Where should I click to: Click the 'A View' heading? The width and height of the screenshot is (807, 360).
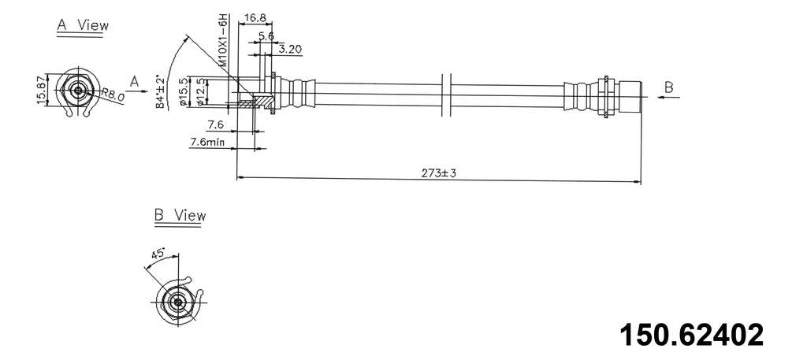(82, 25)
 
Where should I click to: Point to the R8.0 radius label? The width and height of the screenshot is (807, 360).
(113, 95)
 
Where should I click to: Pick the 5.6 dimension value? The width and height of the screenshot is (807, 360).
(266, 35)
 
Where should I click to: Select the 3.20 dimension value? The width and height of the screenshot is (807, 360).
(291, 49)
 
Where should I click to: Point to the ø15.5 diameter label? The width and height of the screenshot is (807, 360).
(183, 91)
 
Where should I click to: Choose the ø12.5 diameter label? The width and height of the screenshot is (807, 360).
(200, 91)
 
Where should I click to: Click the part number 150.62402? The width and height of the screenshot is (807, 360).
(690, 334)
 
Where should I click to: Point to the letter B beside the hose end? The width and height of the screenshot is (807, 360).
(668, 87)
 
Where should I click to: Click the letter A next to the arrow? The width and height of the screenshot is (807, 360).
(135, 80)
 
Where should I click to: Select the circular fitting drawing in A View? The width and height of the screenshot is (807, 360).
(78, 91)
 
